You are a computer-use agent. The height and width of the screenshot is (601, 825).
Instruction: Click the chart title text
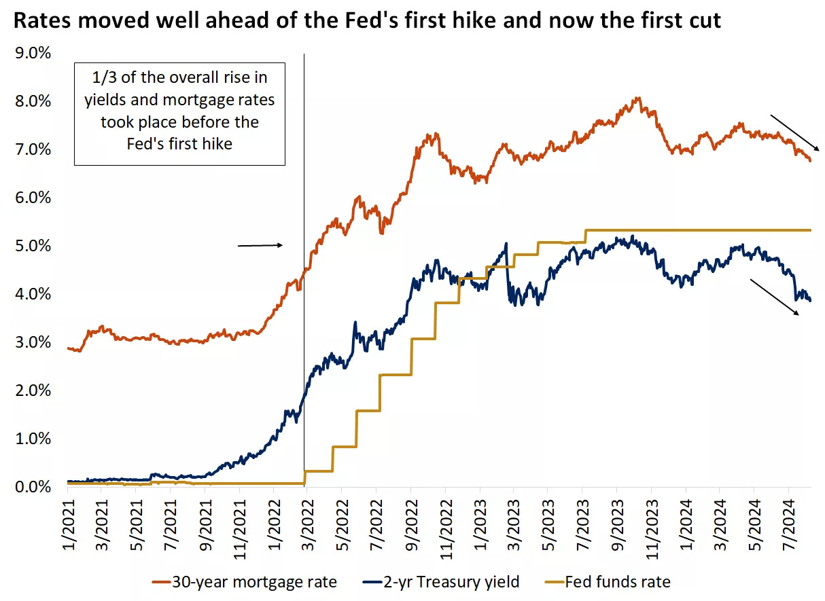pyautogui.click(x=367, y=21)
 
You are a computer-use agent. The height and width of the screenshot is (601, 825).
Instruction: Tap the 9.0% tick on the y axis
pyautogui.click(x=33, y=53)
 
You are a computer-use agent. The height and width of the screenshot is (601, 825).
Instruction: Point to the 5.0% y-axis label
pyautogui.click(x=33, y=246)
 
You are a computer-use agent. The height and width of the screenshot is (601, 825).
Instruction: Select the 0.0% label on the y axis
pyautogui.click(x=33, y=487)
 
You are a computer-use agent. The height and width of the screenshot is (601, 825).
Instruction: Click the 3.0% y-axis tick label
pyautogui.click(x=33, y=342)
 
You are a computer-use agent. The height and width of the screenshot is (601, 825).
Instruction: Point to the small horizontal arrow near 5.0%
pyautogui.click(x=260, y=245)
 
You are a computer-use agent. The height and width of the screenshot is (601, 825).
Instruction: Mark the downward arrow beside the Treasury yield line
pyautogui.click(x=775, y=297)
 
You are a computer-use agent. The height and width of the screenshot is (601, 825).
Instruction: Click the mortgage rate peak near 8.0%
pyautogui.click(x=637, y=98)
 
